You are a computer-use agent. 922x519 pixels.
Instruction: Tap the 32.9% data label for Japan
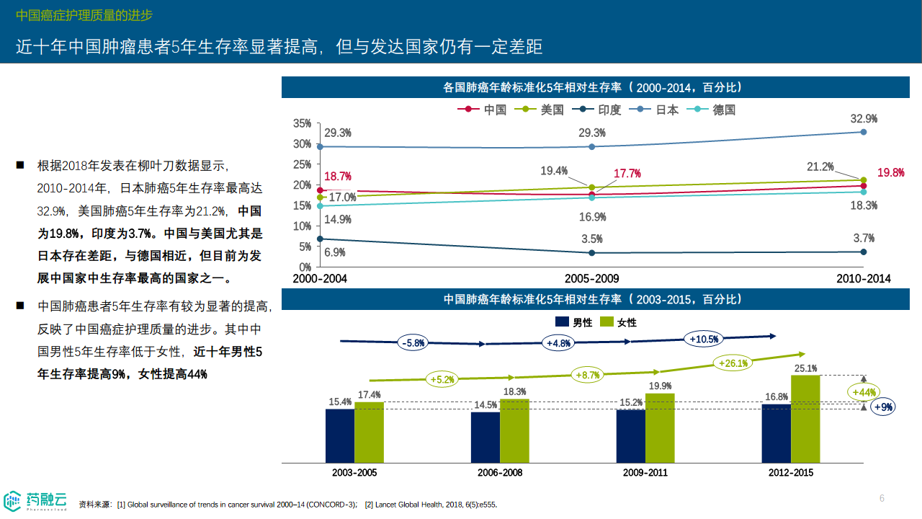863,119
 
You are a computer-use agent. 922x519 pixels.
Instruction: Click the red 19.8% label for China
891,173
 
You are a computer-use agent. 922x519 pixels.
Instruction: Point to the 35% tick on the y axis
302,124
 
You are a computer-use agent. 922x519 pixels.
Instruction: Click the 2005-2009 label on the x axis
591,278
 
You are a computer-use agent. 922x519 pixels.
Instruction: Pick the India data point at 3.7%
863,252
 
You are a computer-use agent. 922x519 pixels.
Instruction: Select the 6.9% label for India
335,252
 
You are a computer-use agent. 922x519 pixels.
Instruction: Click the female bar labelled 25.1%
805,418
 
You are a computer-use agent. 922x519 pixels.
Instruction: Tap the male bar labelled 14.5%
485,437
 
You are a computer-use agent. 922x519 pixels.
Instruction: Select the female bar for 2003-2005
369,432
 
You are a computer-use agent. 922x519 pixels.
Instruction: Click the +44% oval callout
863,392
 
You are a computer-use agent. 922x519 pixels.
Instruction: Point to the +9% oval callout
883,407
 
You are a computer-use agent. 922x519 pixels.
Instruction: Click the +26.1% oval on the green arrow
733,363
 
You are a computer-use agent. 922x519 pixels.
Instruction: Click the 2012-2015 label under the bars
790,473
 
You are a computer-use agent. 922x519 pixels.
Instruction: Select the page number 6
882,498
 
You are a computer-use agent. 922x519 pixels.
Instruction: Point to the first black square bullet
20,166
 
